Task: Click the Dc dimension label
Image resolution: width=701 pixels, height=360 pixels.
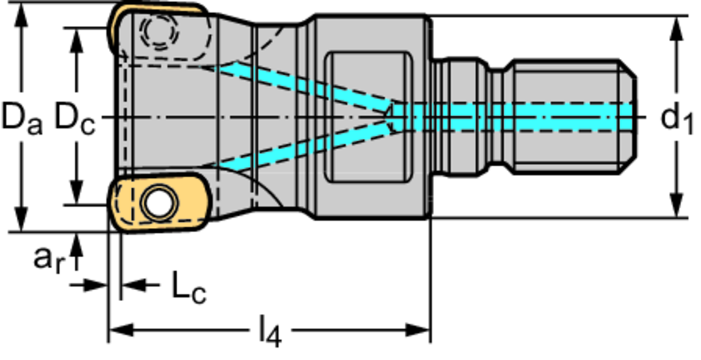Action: (x=74, y=117)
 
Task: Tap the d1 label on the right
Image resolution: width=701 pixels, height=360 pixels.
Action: (x=676, y=118)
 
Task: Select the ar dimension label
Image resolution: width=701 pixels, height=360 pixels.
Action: (x=51, y=259)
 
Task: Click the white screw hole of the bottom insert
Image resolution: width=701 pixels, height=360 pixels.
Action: (x=159, y=203)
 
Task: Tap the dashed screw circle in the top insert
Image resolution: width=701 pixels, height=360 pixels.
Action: (x=158, y=31)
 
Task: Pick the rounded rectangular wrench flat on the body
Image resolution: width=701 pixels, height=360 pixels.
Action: (x=369, y=117)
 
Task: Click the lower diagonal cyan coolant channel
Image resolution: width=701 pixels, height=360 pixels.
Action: (x=301, y=149)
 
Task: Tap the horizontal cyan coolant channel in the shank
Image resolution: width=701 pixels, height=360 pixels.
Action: (x=513, y=116)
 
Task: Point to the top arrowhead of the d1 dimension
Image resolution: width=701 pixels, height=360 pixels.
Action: (x=677, y=25)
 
